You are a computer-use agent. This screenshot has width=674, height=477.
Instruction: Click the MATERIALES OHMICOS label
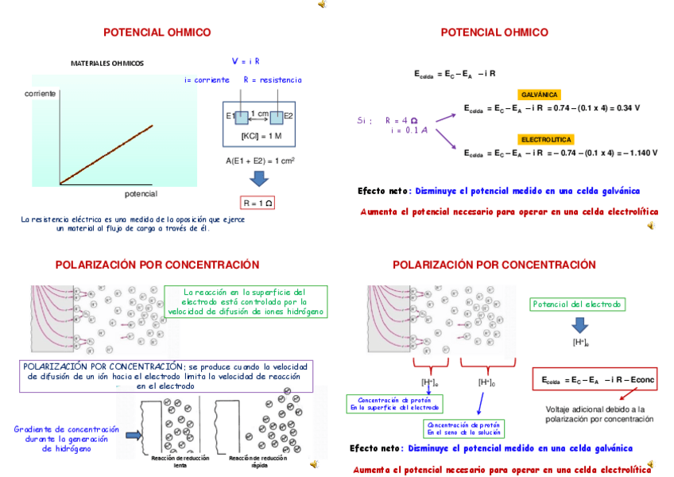pos(107,63)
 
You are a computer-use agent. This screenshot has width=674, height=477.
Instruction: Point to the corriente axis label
pos(40,94)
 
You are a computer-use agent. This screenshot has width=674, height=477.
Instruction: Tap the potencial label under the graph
pos(141,194)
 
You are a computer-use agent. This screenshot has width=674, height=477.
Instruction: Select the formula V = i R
pos(246,61)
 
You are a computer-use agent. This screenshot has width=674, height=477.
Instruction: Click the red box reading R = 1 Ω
pos(258,203)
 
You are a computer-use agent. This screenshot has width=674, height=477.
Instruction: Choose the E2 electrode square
pos(277,117)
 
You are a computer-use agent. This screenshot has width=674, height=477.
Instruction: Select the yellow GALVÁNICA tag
pos(540,94)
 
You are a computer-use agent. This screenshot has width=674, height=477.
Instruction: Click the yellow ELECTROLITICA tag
pos(546,139)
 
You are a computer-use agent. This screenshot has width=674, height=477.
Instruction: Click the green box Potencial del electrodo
pos(578,304)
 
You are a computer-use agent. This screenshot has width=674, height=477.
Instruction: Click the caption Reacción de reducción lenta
pos(180,462)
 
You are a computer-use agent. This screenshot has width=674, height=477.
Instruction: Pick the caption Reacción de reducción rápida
pos(259,462)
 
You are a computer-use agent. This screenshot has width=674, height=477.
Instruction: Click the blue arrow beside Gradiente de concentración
pos(133,435)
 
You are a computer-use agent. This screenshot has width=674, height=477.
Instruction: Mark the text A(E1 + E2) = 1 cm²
pos(260,160)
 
